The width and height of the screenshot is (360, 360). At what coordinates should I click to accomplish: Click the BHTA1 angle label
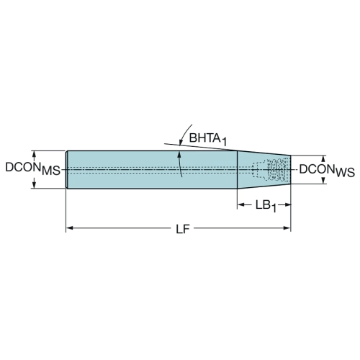[208, 140]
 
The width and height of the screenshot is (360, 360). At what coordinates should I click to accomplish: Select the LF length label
[183, 230]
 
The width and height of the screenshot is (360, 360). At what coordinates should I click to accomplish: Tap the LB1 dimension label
[266, 207]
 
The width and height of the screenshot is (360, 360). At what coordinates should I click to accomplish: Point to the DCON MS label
[32, 168]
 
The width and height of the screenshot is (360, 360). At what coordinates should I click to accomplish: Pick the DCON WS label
[327, 171]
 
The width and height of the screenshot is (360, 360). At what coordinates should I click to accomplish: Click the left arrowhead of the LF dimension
[70, 228]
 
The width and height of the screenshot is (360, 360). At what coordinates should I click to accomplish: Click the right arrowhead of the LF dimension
[287, 228]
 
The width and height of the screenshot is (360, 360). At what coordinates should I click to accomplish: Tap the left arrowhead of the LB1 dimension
[241, 204]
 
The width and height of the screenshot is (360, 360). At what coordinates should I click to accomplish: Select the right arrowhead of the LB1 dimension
[287, 204]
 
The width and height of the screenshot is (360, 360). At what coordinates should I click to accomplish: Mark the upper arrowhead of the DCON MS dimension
[34, 154]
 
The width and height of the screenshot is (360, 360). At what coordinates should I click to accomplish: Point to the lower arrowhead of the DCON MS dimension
[34, 185]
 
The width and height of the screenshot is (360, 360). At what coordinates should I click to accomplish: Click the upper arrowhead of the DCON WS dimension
[323, 159]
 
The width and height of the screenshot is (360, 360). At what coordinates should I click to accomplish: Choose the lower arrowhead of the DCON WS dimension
[323, 181]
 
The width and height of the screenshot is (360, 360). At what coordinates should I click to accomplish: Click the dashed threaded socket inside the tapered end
[270, 170]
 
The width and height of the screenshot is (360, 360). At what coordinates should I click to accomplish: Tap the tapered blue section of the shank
[264, 170]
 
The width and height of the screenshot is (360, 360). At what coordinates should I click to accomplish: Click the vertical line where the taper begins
[238, 170]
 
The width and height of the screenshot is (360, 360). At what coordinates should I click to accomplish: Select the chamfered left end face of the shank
[67, 170]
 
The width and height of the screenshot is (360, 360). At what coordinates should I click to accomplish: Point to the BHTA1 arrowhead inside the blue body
[179, 155]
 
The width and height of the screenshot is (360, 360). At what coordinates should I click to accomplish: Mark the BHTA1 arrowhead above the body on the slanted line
[181, 142]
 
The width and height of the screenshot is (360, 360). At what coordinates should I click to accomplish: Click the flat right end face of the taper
[291, 170]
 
